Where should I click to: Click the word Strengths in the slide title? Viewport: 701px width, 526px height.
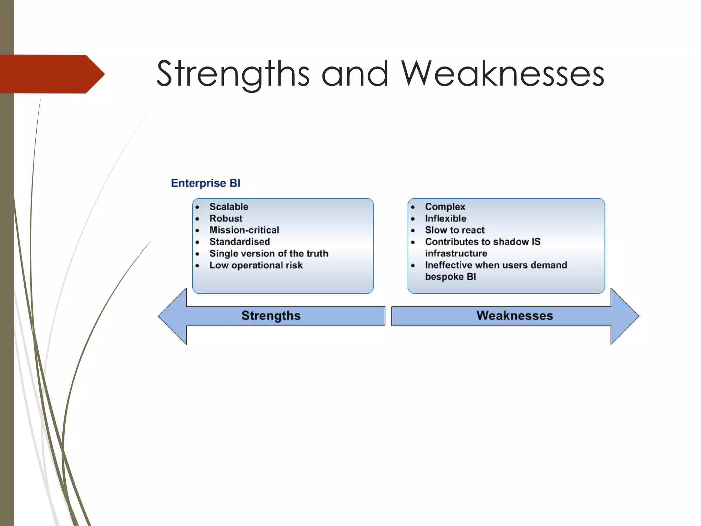[x=233, y=74]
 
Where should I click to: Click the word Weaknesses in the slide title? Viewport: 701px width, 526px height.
[x=502, y=74]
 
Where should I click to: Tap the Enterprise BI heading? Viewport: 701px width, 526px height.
[x=205, y=183]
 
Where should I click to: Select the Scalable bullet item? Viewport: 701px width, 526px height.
[x=229, y=206]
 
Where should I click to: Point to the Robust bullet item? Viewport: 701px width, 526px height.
[x=226, y=218]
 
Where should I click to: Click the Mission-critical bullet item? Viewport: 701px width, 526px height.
[x=244, y=230]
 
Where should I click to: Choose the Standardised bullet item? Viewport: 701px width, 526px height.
[x=240, y=241]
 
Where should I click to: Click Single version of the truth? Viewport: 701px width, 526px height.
[x=269, y=253]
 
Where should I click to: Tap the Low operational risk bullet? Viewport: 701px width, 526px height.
[x=256, y=265]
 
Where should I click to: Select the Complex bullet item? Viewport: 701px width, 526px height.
[x=445, y=206]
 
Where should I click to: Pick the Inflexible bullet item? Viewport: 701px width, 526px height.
[x=446, y=218]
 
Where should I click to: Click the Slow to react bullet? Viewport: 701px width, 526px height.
[x=455, y=230]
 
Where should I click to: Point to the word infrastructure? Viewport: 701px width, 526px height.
[x=456, y=253]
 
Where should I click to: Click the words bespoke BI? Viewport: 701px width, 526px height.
[x=450, y=277]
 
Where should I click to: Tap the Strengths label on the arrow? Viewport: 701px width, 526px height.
[x=271, y=315]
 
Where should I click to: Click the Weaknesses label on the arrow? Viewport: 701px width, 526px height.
[x=514, y=315]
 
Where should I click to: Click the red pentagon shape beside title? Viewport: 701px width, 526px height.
[x=51, y=74]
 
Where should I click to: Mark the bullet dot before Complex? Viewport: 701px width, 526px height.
[x=413, y=207]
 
